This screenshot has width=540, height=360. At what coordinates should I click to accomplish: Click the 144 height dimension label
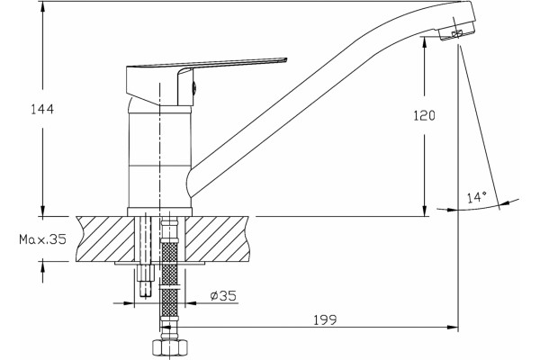click(x=42, y=109)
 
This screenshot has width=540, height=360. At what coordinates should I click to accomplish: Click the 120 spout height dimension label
click(x=424, y=115)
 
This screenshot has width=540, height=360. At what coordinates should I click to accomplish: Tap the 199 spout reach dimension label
click(x=325, y=319)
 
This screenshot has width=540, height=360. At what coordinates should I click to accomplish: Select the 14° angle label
click(x=477, y=197)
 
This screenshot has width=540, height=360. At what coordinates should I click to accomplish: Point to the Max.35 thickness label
click(x=42, y=239)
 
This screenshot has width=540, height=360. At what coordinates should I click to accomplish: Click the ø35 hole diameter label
click(x=223, y=295)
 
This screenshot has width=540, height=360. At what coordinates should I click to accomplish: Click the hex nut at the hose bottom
click(x=170, y=348)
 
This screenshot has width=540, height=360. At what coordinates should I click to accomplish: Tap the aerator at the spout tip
click(x=456, y=31)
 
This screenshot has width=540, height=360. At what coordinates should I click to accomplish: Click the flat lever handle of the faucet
click(x=207, y=63)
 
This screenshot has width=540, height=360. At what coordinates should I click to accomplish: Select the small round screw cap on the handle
click(x=193, y=88)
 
